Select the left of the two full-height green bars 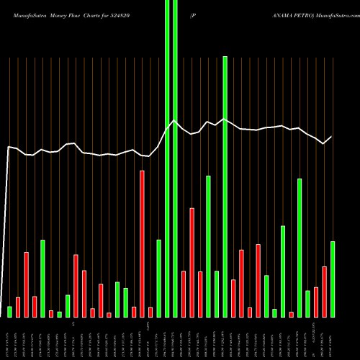click(167, 158)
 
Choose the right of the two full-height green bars click(175, 158)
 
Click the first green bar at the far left click(9, 311)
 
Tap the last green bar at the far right click(333, 279)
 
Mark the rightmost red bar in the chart click(325, 292)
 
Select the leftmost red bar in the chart click(18, 307)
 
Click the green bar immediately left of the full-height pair click(158, 278)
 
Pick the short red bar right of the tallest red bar click(150, 312)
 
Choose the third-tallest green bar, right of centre click(300, 248)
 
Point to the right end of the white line click(332, 137)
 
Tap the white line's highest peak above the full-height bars click(173, 120)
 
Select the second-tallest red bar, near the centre click(192, 262)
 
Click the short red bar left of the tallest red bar click(134, 312)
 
